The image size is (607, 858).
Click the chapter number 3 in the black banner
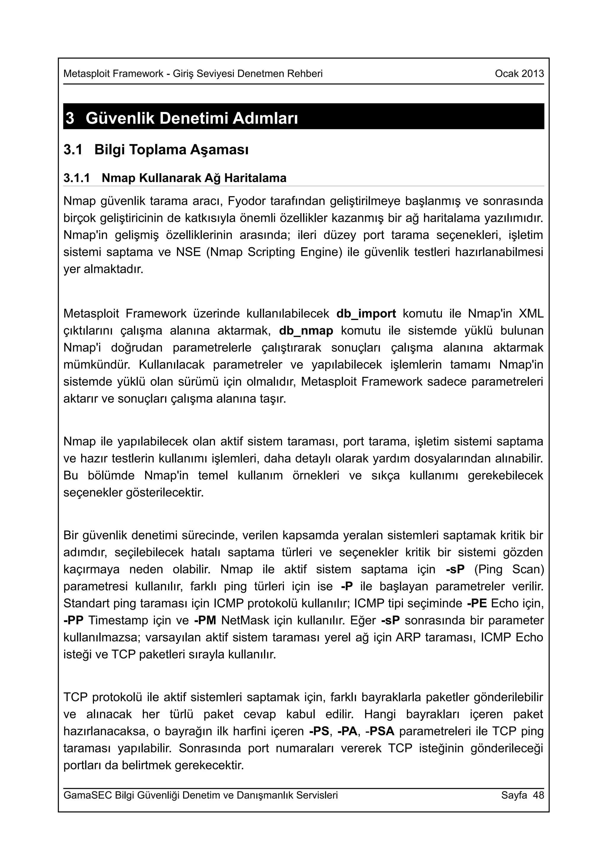click(70, 118)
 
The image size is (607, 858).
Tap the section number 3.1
click(73, 150)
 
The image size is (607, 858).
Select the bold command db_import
click(366, 314)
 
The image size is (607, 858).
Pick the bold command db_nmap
click(306, 331)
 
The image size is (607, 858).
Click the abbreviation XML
click(531, 314)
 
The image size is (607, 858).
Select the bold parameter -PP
click(73, 620)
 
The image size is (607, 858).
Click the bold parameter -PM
click(205, 620)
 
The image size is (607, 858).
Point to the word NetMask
click(245, 620)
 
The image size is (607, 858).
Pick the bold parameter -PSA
click(380, 731)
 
